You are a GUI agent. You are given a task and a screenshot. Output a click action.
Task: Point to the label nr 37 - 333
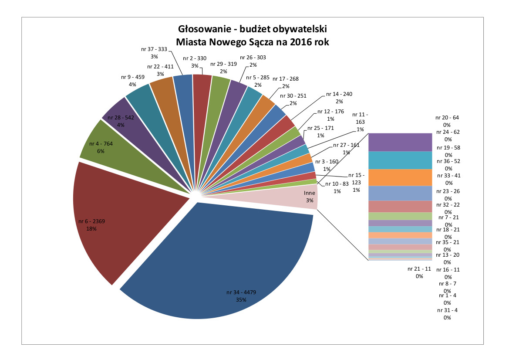tap(154, 50)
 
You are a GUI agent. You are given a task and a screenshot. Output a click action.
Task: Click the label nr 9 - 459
tap(132, 77)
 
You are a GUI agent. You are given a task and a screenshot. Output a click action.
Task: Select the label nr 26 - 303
tap(253, 58)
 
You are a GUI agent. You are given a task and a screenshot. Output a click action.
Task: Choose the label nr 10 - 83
tap(337, 184)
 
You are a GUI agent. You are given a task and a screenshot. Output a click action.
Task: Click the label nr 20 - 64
tap(447, 118)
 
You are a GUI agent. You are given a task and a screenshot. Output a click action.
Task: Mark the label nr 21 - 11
tap(419, 269)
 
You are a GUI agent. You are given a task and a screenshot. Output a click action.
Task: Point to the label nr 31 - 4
tap(447, 310)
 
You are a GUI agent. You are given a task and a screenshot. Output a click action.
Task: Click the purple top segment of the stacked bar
tap(400, 142)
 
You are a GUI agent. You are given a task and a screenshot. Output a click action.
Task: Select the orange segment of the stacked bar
tap(400, 177)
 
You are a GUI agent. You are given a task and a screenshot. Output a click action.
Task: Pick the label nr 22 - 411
tap(160, 67)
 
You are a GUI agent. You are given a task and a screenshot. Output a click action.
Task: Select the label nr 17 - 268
tap(286, 79)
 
